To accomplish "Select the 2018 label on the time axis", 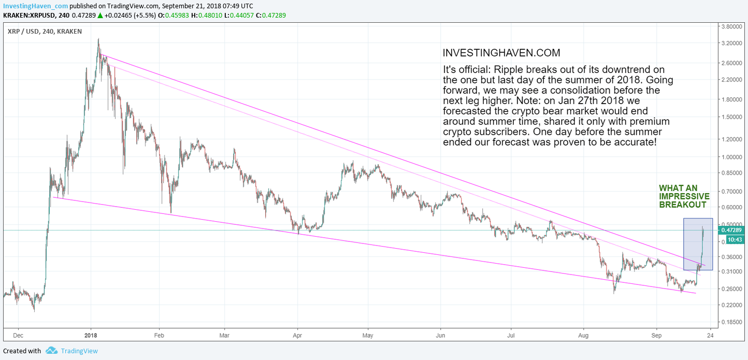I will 91,335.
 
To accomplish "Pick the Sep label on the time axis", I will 656,335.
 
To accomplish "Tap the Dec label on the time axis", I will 18,335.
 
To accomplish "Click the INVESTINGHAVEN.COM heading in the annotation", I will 501,53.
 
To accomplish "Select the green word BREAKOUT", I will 683,205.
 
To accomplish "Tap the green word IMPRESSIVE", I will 684,196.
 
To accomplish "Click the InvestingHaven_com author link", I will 35,6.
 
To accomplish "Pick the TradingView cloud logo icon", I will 51,351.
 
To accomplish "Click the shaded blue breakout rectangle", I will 698,244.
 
